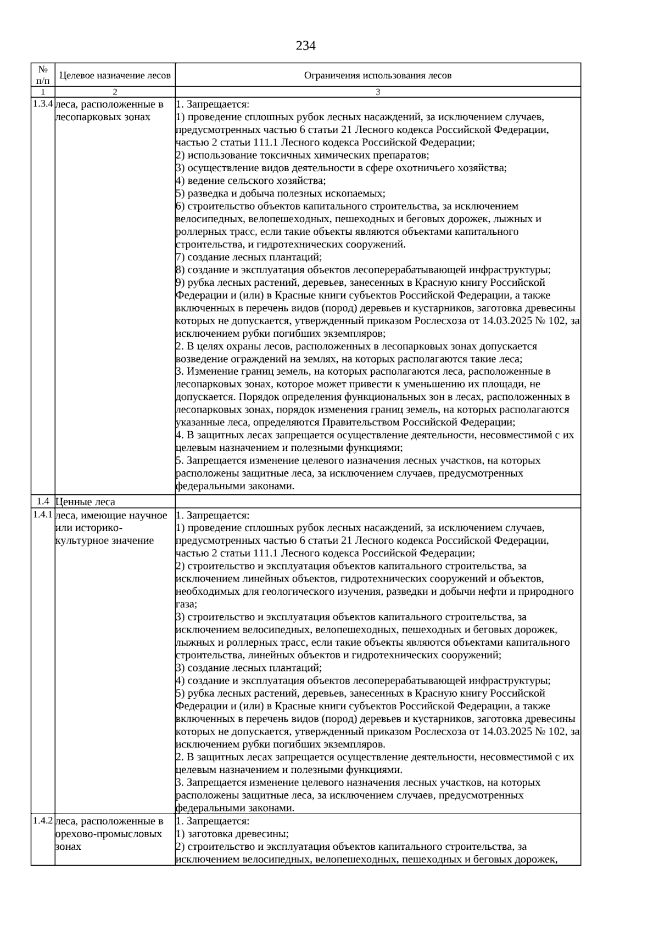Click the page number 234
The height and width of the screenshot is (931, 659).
(x=305, y=46)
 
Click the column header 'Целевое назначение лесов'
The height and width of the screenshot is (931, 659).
(x=115, y=75)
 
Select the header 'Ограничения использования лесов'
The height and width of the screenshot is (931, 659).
(x=378, y=75)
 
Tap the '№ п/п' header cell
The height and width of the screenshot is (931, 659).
(x=43, y=75)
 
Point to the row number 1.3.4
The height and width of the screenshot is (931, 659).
(x=43, y=104)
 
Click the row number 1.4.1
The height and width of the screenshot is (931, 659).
(x=43, y=515)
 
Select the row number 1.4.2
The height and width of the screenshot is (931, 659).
(x=43, y=821)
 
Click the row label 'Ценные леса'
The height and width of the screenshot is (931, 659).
(x=86, y=502)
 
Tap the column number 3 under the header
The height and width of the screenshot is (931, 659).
(x=378, y=92)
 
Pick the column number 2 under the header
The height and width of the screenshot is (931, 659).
(x=115, y=92)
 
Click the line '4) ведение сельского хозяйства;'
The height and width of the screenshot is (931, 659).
(x=250, y=180)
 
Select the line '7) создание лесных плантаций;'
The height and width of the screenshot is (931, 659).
(x=249, y=257)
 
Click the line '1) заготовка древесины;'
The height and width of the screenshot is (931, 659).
(x=232, y=834)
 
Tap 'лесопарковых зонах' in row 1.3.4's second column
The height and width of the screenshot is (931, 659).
(x=103, y=117)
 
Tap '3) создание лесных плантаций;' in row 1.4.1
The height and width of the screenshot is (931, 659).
(x=249, y=668)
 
